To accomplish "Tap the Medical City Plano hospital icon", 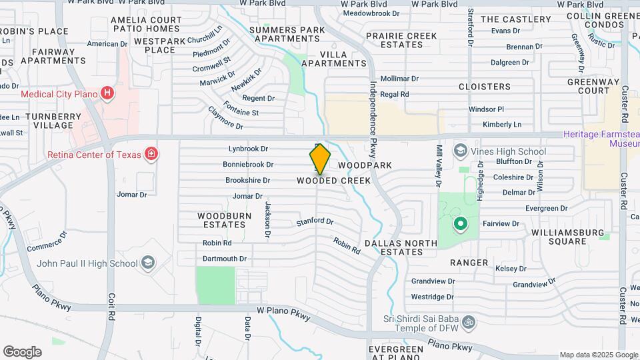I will point(106,93).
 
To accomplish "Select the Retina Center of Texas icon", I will point(152,155).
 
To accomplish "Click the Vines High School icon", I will point(460,151).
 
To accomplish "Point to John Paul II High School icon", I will point(148,263).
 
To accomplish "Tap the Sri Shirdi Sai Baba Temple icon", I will point(468,322).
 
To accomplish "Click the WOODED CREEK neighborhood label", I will point(333,181).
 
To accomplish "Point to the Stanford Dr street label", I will point(314,221).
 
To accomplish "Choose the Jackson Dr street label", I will point(267,219).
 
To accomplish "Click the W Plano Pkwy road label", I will point(283,311).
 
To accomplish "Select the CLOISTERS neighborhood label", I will point(485,87).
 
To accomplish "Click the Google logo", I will point(22,351).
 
